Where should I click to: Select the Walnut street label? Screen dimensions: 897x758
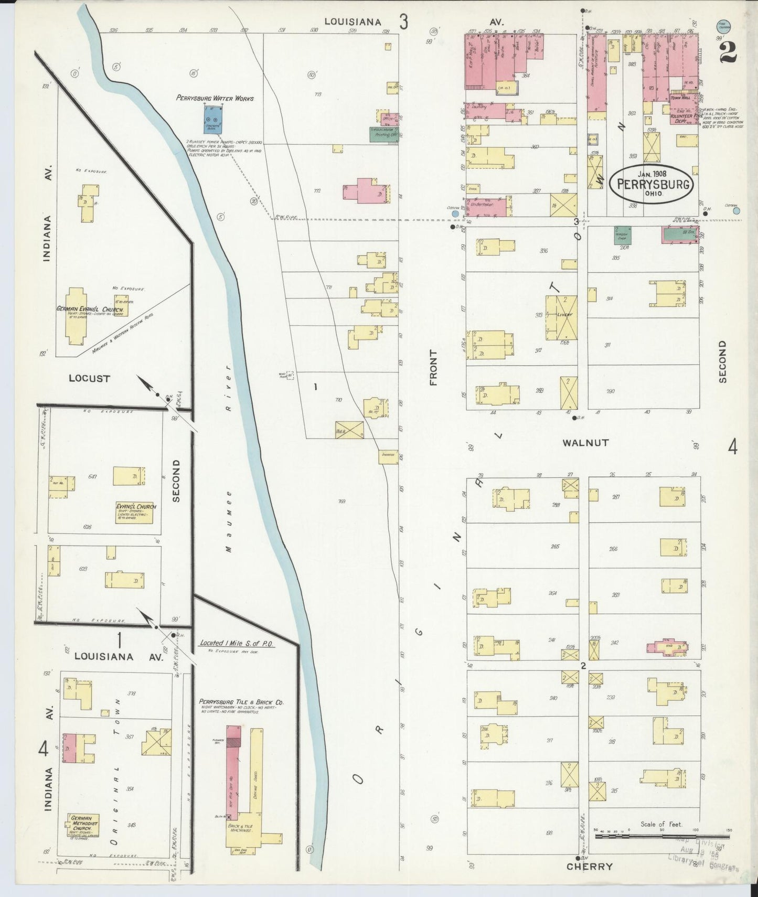coord(585,443)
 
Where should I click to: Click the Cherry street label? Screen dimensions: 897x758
coord(589,867)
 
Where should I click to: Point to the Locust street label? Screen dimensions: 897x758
coord(90,378)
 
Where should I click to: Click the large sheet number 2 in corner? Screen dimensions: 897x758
coord(728,51)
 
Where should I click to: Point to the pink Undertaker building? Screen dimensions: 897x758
coord(486,207)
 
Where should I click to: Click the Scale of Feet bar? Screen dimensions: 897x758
coord(662,835)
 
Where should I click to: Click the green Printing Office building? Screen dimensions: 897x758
coord(384,134)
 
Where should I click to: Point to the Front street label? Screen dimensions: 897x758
coord(433,368)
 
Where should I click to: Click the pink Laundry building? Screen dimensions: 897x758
coord(486,110)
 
